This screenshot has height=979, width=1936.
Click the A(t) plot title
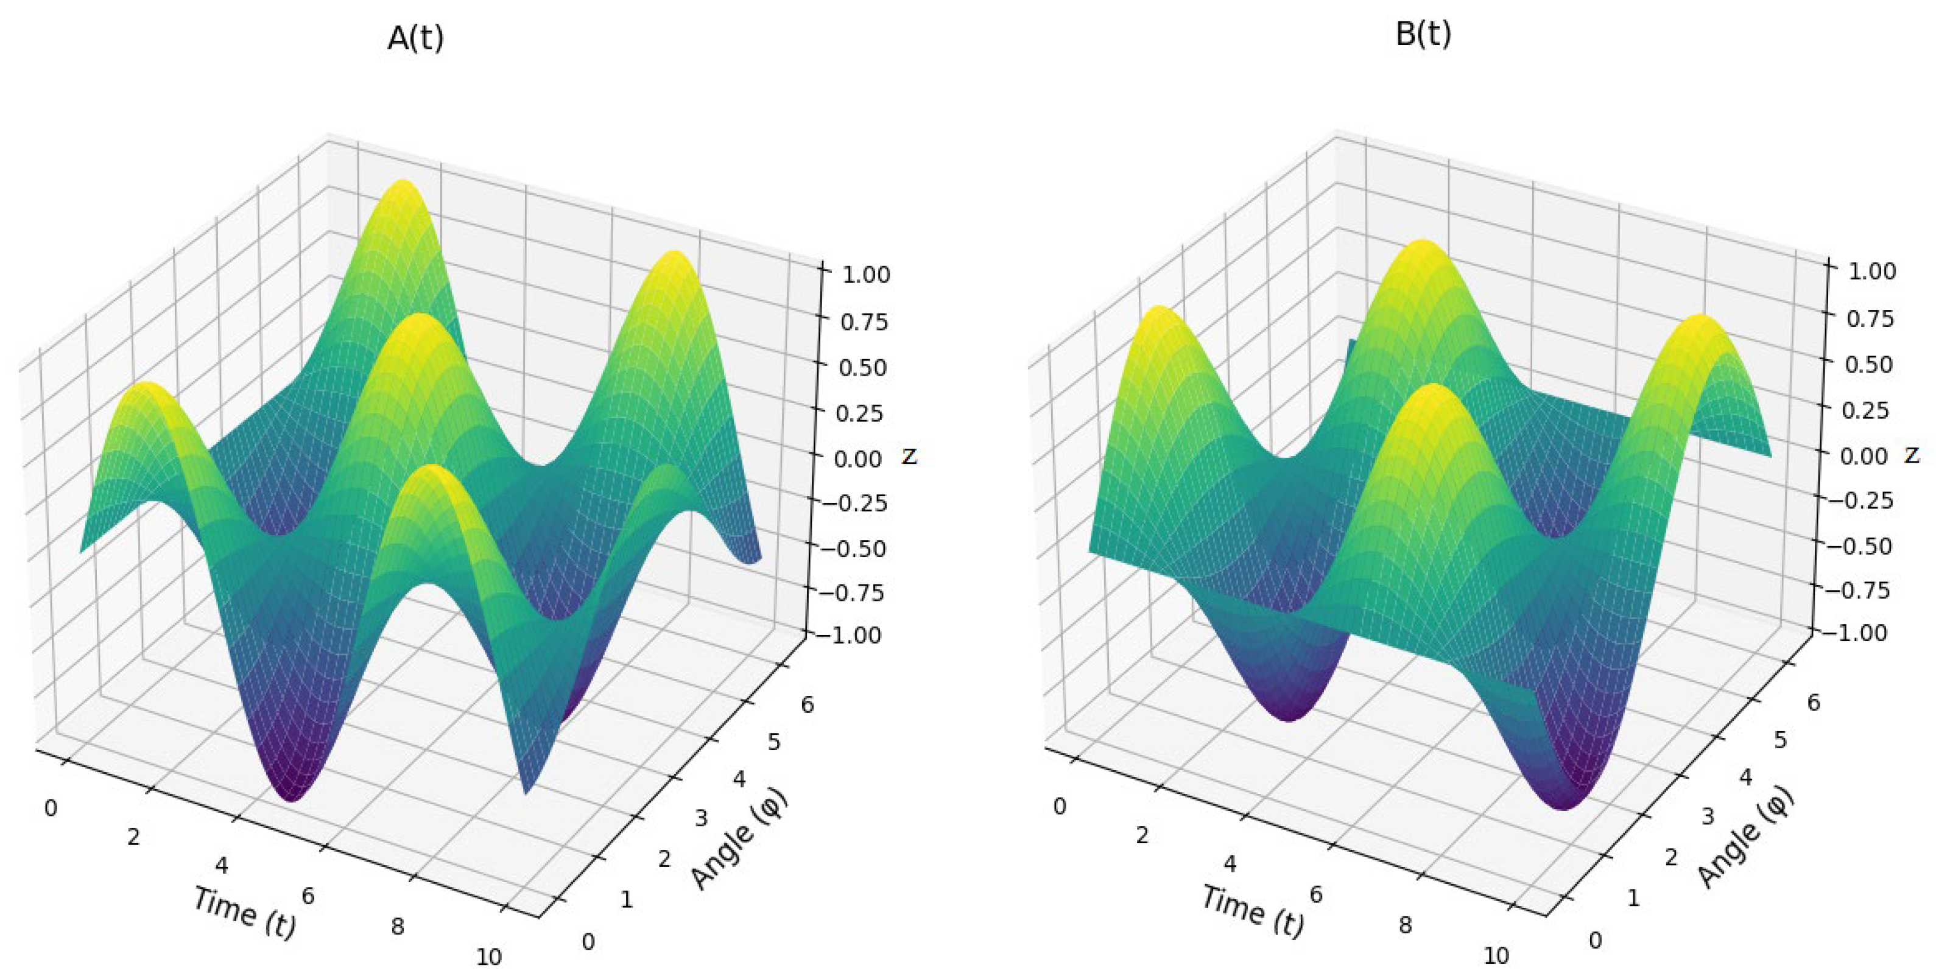click(x=415, y=38)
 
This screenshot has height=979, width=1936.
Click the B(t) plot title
click(x=1423, y=35)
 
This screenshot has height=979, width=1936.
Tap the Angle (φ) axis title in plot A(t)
click(x=739, y=838)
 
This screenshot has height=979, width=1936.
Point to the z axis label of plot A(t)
click(x=909, y=455)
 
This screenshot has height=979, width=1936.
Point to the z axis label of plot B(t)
click(x=1913, y=454)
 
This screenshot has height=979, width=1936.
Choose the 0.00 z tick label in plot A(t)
click(x=858, y=458)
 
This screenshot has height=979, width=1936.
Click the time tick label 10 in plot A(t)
click(x=488, y=957)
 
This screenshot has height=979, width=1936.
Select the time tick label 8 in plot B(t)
click(x=1405, y=925)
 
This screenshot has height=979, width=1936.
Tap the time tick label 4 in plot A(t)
click(x=221, y=866)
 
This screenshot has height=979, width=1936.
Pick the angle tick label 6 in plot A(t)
click(x=806, y=705)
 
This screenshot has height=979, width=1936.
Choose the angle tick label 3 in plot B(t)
click(x=1708, y=816)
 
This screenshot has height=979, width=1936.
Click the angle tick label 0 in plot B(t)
click(x=1595, y=940)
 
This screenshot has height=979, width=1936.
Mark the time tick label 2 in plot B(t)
click(x=1142, y=835)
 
